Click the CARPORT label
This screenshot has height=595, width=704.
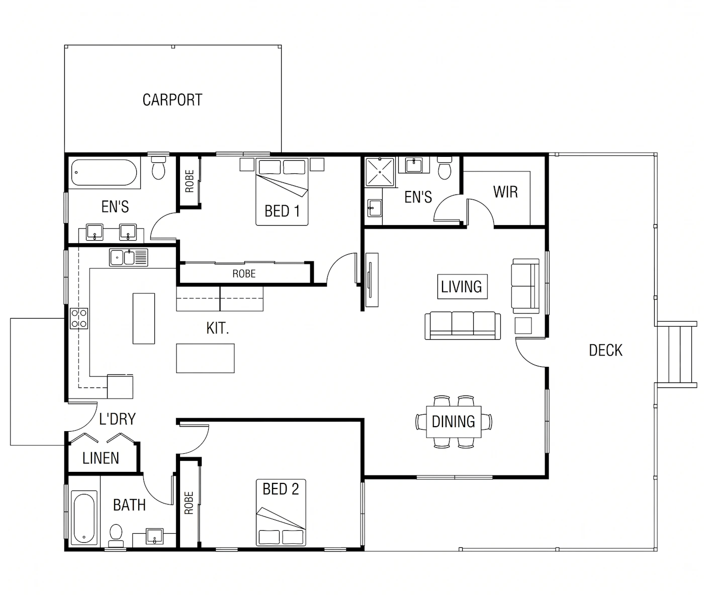[172, 100]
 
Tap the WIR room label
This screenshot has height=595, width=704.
[505, 192]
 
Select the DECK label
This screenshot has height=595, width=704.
[605, 350]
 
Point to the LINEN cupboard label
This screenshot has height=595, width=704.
[101, 458]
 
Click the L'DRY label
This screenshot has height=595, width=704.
[118, 419]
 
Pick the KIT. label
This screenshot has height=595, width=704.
[218, 328]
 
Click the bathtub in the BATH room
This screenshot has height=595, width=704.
[84, 518]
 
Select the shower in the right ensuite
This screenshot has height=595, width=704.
[380, 172]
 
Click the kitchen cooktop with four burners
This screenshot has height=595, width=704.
[79, 319]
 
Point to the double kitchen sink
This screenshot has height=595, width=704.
[128, 257]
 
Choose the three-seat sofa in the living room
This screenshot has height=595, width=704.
[463, 326]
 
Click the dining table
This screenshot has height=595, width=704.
[454, 422]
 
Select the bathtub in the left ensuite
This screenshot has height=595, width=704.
[104, 172]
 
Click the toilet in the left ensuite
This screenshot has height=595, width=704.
[158, 167]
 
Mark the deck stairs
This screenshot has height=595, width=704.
[676, 354]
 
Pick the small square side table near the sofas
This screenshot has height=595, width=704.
[523, 326]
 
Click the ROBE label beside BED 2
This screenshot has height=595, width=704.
[189, 503]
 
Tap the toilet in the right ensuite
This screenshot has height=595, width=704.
[445, 168]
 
